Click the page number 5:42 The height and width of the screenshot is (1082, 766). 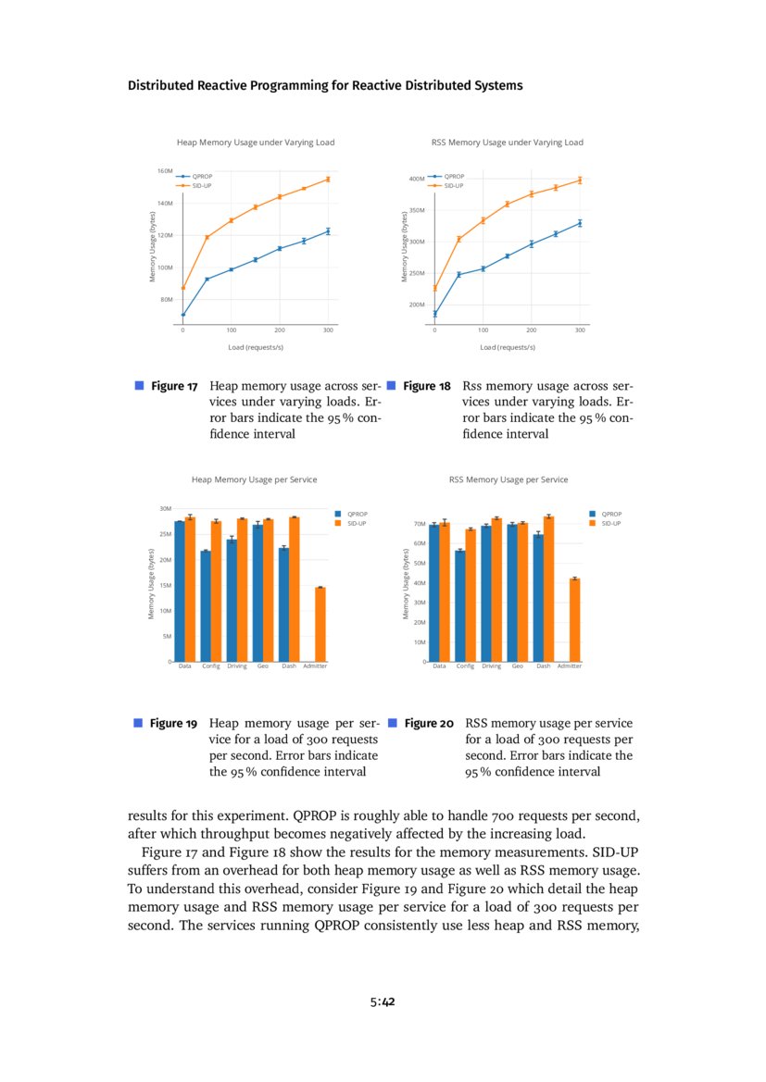coord(383,1001)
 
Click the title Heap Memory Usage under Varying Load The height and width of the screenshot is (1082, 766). coord(256,143)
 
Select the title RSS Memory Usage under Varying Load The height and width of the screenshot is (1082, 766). coord(508,143)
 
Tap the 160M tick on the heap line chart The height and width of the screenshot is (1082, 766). coord(166,171)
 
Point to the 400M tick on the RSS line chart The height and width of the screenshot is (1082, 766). coord(417,179)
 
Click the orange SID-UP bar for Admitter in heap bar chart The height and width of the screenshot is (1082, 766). coord(320,624)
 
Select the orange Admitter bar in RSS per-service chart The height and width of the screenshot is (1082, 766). coord(574,620)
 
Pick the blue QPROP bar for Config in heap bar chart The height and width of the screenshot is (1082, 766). coord(206,606)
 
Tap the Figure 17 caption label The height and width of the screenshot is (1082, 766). coord(174,386)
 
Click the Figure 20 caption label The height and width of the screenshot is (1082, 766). coord(428,723)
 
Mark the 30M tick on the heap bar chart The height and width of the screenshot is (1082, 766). coord(166,509)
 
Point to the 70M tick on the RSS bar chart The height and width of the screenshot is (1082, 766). coord(419,524)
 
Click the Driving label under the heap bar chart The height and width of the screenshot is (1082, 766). coord(237,666)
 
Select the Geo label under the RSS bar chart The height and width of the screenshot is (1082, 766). coord(517,666)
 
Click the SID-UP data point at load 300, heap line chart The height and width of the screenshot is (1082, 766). coord(328,180)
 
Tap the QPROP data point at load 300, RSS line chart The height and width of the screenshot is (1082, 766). coord(580,223)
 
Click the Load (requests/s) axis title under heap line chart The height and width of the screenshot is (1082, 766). coord(256,347)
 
